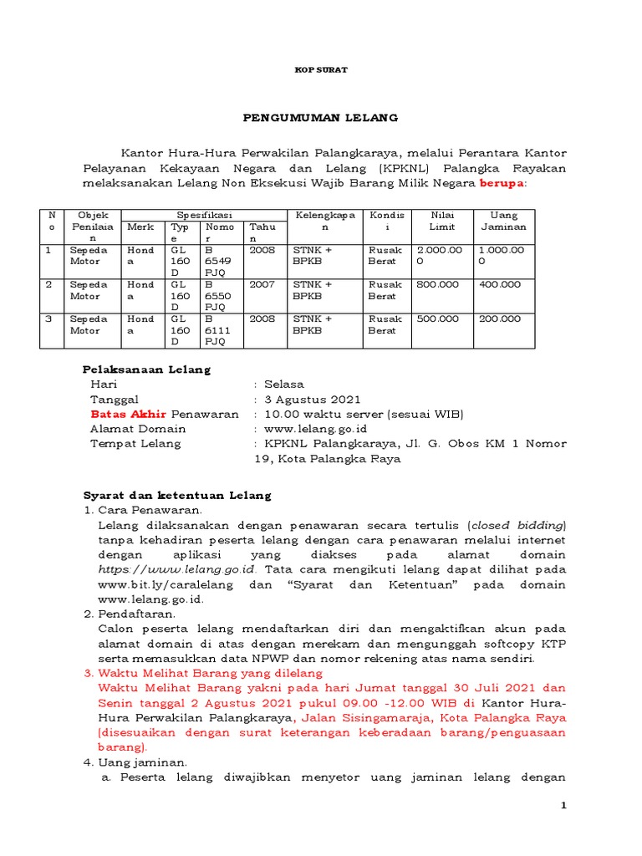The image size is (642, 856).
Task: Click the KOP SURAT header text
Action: point(321,70)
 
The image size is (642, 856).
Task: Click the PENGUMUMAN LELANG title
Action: point(321,118)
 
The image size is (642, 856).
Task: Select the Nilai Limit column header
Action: point(441,222)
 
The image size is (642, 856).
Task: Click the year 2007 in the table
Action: point(262,284)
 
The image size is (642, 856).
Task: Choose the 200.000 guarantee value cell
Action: point(499,318)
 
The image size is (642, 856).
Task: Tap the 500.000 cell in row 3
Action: point(437,318)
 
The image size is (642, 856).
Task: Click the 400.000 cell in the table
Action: point(499,284)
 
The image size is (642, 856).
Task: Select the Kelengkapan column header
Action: point(325,222)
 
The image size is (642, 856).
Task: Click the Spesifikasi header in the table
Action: point(204,216)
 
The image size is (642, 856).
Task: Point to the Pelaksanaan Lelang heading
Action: point(146,369)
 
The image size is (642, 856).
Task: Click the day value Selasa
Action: point(284,385)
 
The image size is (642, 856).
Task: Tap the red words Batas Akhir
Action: point(129,415)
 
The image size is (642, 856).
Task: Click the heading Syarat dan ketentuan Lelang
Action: point(176,496)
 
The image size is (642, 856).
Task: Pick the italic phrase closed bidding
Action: point(518,526)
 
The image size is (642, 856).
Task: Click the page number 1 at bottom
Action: point(563,805)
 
